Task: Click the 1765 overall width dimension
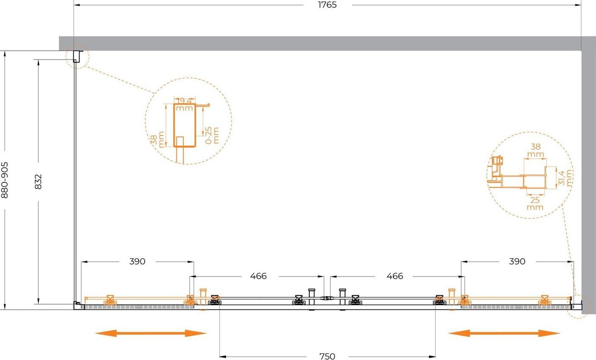[x=327, y=5]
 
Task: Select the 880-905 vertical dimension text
[x=5, y=180]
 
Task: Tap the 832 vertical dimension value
[x=38, y=181]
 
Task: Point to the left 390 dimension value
[x=137, y=262]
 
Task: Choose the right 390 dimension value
[x=517, y=262]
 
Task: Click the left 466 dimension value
[x=258, y=276]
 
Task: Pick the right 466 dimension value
[x=395, y=276]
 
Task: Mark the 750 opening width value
[x=327, y=356]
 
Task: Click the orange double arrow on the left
[x=151, y=333]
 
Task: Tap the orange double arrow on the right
[x=504, y=333]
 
